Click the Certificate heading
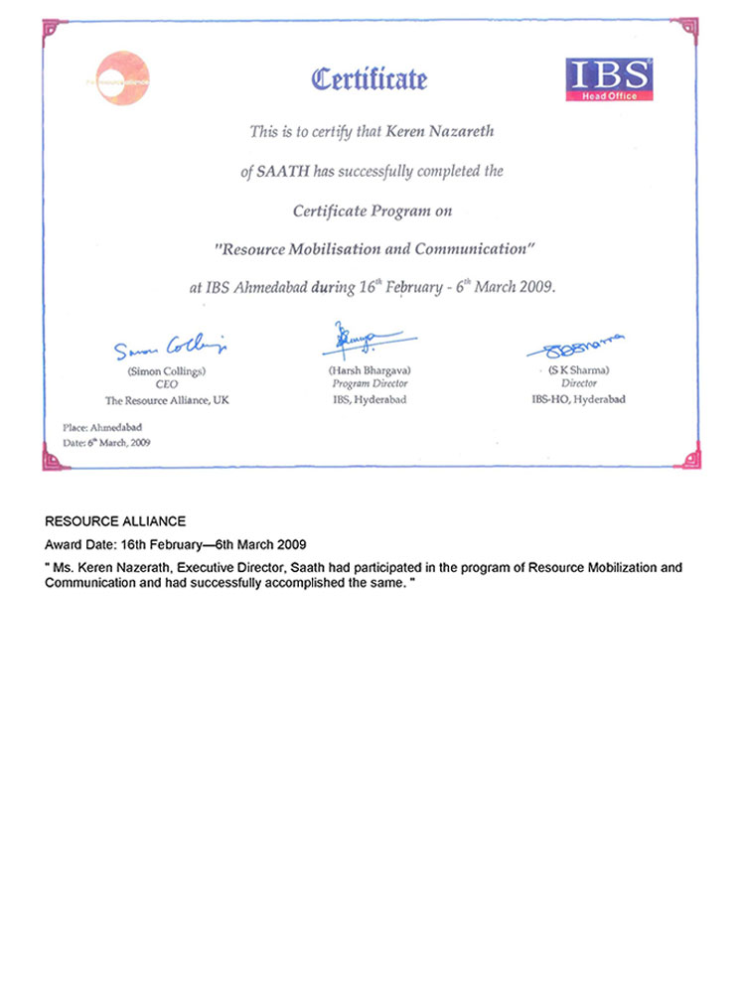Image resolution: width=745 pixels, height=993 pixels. click(370, 78)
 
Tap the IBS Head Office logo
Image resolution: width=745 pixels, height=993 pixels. click(609, 78)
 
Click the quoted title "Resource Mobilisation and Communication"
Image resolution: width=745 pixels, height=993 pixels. click(370, 248)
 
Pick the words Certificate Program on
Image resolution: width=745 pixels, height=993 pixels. click(370, 211)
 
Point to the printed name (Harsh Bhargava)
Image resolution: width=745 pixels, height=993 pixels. click(370, 369)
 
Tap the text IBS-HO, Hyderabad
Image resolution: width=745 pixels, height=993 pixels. click(579, 399)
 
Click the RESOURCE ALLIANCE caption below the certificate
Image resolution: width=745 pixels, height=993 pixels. click(115, 521)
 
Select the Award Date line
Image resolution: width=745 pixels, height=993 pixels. click(175, 545)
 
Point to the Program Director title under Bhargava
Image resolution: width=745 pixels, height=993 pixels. click(370, 383)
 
